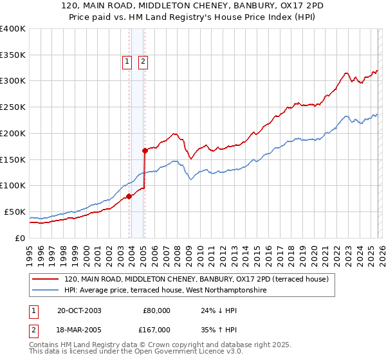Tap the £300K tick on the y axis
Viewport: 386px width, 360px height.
pos(13,81)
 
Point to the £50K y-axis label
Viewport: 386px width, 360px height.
pos(15,212)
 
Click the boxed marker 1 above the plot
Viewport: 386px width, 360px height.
pos(126,62)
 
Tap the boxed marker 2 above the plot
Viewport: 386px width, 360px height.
pos(142,62)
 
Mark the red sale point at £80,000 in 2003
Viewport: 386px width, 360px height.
pos(129,196)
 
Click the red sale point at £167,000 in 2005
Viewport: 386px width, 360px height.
pos(145,150)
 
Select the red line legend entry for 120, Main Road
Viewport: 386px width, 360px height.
pos(196,279)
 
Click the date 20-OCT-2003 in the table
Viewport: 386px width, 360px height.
pos(78,310)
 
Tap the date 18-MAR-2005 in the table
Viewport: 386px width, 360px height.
pos(78,328)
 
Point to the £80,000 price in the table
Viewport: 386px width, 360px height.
pos(156,310)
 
